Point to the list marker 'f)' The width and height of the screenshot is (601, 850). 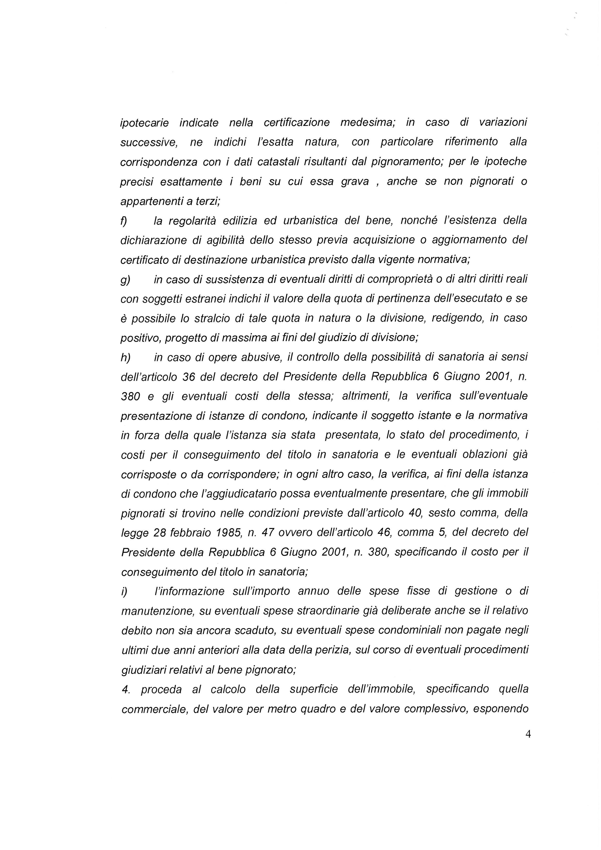tap(124, 221)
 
